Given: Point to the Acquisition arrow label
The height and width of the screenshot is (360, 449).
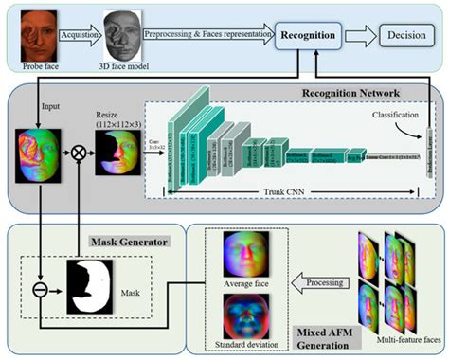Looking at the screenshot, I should pos(80,30).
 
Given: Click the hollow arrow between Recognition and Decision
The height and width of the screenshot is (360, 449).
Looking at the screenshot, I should pos(362,37).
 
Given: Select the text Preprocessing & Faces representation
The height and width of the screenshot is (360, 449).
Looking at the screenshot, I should pos(207,31).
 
